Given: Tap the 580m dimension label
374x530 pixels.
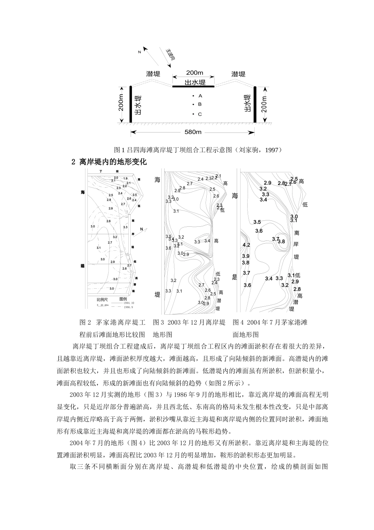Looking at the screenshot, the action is coord(193,132).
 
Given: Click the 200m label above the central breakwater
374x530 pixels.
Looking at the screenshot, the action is coord(194,73).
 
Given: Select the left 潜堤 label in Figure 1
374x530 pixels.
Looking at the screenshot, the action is coord(153,74).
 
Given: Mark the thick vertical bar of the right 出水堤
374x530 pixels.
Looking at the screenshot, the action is coord(255,105).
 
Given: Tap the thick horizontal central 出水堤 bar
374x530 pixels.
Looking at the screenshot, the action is coord(193,86).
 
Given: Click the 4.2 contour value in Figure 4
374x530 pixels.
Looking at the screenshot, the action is coord(246,245).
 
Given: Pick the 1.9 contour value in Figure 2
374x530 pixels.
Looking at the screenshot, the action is coord(125,179).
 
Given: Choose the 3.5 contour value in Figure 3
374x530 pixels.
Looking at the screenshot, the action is coord(168,236).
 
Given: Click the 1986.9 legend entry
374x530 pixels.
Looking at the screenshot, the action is coord(128,306).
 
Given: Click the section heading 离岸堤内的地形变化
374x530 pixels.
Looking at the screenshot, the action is coord(113,162).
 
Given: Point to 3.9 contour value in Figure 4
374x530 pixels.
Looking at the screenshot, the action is coord(246,256).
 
